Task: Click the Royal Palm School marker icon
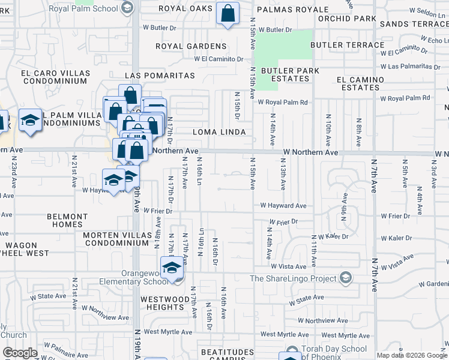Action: pos(127,8)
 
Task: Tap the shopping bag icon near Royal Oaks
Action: pos(228,13)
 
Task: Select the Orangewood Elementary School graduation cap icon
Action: pos(172,267)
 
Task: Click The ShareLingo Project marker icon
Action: pos(345,278)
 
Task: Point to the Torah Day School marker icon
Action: pos(292,350)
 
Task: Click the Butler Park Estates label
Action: pos(285,74)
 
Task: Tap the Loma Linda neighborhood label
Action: pos(219,132)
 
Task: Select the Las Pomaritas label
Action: pos(160,76)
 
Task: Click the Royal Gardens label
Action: pos(191,46)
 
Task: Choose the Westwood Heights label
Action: pos(162,303)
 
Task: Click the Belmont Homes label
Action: pos(70,220)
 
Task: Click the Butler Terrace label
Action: pos(348,45)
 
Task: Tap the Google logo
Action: pos(20,353)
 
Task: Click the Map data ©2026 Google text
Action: pos(411,355)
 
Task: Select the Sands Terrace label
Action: pos(414,23)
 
